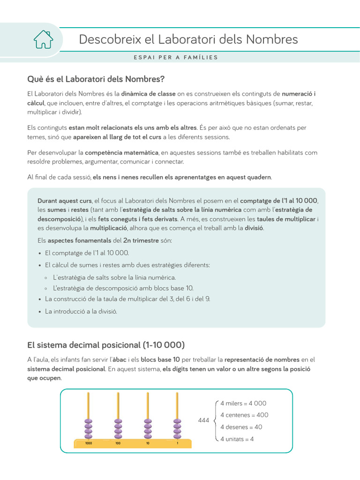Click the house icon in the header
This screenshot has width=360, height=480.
(43, 39)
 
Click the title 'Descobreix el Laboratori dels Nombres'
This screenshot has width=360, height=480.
(188, 39)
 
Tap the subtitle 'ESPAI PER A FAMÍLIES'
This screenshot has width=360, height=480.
(176, 58)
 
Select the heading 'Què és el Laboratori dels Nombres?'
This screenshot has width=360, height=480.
(96, 78)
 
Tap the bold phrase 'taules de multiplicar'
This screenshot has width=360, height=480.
(286, 219)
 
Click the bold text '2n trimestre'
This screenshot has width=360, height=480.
(141, 240)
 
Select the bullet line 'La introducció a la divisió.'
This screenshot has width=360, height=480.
(81, 311)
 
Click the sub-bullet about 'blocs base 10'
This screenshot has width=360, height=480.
(123, 288)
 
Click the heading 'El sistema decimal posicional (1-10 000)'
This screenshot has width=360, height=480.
(106, 345)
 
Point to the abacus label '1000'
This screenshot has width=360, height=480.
(88, 442)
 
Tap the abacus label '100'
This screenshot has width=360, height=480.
(118, 442)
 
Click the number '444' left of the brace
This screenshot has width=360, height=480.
(203, 421)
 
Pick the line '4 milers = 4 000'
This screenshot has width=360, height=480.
(243, 403)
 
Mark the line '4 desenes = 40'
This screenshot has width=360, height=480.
(241, 427)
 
